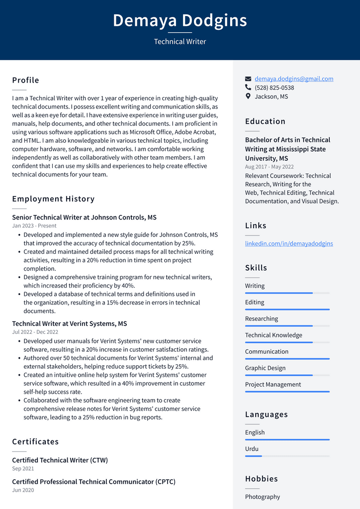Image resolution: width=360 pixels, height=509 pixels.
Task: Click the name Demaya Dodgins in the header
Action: pos(180,20)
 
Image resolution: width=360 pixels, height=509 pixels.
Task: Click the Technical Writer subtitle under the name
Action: pos(180,42)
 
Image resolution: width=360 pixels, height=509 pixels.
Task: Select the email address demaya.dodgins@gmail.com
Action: pos(294,79)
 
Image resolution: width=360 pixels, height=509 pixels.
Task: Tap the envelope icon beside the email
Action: pos(248,79)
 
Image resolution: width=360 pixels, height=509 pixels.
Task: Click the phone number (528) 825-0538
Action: pos(274,88)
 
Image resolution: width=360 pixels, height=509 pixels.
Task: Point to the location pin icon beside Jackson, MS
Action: pos(248,96)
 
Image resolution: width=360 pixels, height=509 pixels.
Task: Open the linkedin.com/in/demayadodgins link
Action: pos(289,243)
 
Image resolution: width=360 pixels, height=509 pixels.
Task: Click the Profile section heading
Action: pos(25,80)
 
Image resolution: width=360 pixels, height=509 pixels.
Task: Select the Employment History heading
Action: pos(53,199)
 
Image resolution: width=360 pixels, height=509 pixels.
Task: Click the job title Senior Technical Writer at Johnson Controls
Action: pos(84,217)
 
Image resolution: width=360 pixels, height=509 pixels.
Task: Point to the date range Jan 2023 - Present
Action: pos(34,226)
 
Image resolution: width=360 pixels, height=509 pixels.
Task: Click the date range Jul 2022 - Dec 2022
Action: pos(35,332)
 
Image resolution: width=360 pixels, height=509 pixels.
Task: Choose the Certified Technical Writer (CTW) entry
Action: pos(60,460)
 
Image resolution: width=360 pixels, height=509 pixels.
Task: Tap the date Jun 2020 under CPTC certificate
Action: pos(23,490)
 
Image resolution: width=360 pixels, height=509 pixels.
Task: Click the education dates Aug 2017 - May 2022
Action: pos(269,167)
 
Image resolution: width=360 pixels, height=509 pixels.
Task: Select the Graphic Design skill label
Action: pos(265,368)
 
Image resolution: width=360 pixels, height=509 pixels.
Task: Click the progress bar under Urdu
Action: pos(287,456)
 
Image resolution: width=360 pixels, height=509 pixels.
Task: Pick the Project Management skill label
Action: pos(273,385)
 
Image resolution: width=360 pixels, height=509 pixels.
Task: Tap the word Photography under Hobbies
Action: pos(263,497)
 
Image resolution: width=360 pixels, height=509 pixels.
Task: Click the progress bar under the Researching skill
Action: pos(287,326)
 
